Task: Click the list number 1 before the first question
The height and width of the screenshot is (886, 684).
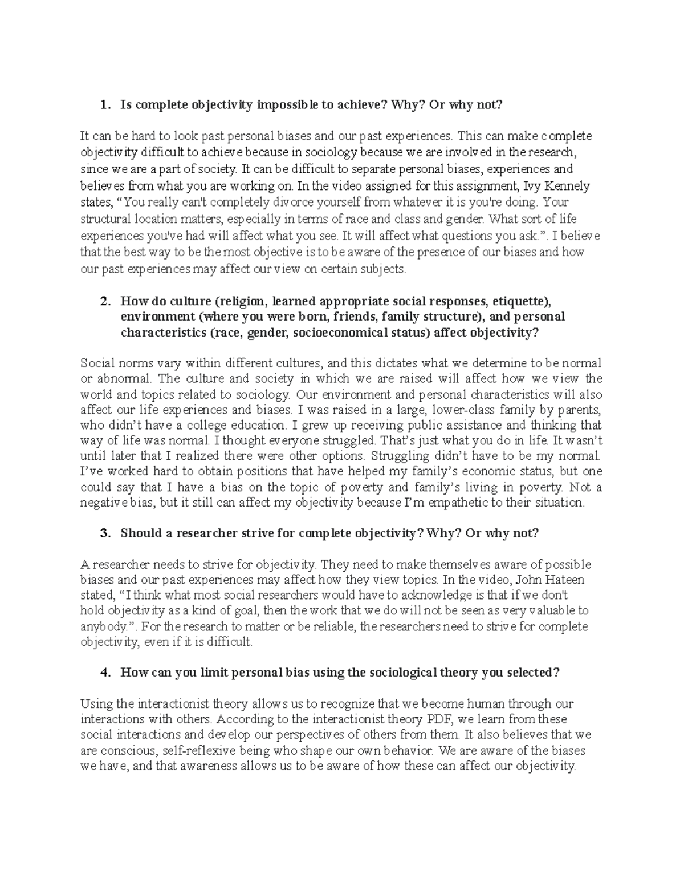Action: [x=103, y=105]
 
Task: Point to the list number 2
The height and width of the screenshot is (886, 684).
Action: [x=103, y=301]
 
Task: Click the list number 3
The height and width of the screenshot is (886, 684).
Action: [x=103, y=533]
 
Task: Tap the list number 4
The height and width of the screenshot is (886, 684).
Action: [x=103, y=673]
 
